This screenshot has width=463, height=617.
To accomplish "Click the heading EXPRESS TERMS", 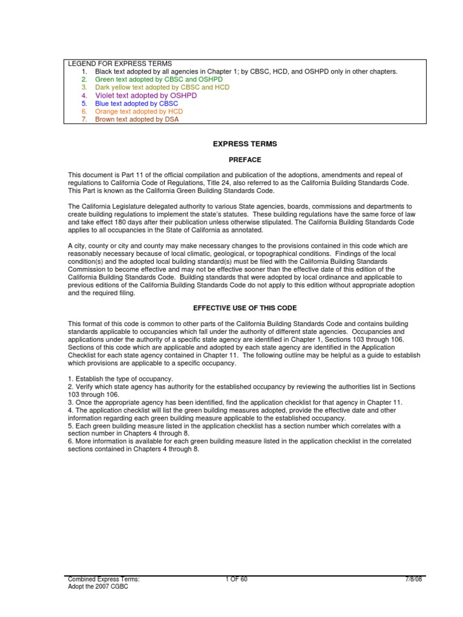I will (x=236, y=144).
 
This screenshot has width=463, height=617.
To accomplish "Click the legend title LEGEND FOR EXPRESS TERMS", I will (x=119, y=63).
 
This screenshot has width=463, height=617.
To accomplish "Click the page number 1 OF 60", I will (x=235, y=580).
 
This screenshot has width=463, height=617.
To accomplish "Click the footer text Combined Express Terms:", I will (x=103, y=580).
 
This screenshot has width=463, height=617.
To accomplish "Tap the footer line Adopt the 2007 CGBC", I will (x=98, y=587).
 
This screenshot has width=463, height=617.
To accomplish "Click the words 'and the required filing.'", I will (x=102, y=293).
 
